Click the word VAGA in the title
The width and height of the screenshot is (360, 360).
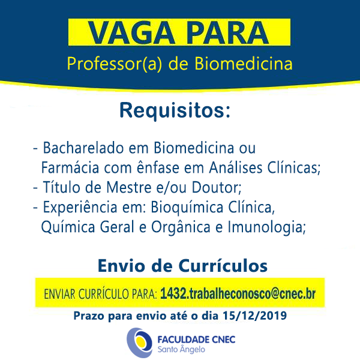(131, 32)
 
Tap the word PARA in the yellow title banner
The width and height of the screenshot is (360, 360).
(227, 32)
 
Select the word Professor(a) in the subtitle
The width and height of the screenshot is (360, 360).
(115, 64)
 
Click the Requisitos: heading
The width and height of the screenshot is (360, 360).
(175, 110)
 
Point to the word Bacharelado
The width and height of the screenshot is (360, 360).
(83, 148)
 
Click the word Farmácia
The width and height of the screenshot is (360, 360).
(70, 167)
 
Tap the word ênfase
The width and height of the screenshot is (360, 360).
(158, 167)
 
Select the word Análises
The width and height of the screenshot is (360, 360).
(236, 167)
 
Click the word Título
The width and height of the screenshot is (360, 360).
(61, 187)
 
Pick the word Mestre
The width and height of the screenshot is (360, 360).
(129, 187)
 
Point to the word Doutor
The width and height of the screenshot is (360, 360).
(217, 187)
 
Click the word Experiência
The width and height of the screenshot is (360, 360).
(80, 208)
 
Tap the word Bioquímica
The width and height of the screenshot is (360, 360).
(187, 208)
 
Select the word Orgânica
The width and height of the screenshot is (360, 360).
(181, 227)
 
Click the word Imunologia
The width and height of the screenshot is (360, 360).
(266, 227)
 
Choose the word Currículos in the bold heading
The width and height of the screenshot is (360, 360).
(223, 266)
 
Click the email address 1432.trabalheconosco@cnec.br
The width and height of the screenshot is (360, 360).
(238, 293)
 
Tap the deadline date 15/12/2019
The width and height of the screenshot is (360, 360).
(254, 316)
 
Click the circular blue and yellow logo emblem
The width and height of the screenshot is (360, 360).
(139, 343)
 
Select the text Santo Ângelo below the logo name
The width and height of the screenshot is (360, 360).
(181, 349)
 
